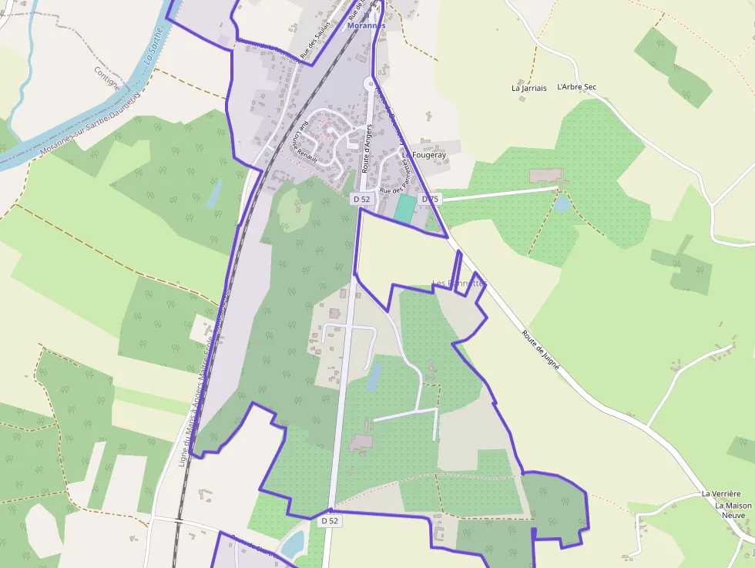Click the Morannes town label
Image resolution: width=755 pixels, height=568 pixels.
coord(365,25)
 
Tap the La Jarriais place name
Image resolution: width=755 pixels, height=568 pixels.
coord(528,88)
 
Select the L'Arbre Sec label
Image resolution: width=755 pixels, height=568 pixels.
coord(576,87)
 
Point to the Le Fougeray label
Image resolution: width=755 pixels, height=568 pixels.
coord(424,155)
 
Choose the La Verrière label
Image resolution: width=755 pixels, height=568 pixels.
coord(720,494)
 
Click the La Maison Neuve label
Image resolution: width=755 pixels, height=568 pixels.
coord(733,512)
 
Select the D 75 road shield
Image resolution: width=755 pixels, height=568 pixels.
coord(429,199)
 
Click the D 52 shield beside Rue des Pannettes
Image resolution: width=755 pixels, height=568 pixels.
coord(361,199)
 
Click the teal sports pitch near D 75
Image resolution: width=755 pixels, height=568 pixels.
coord(404,209)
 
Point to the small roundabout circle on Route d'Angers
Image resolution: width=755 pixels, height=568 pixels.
coord(368,83)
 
